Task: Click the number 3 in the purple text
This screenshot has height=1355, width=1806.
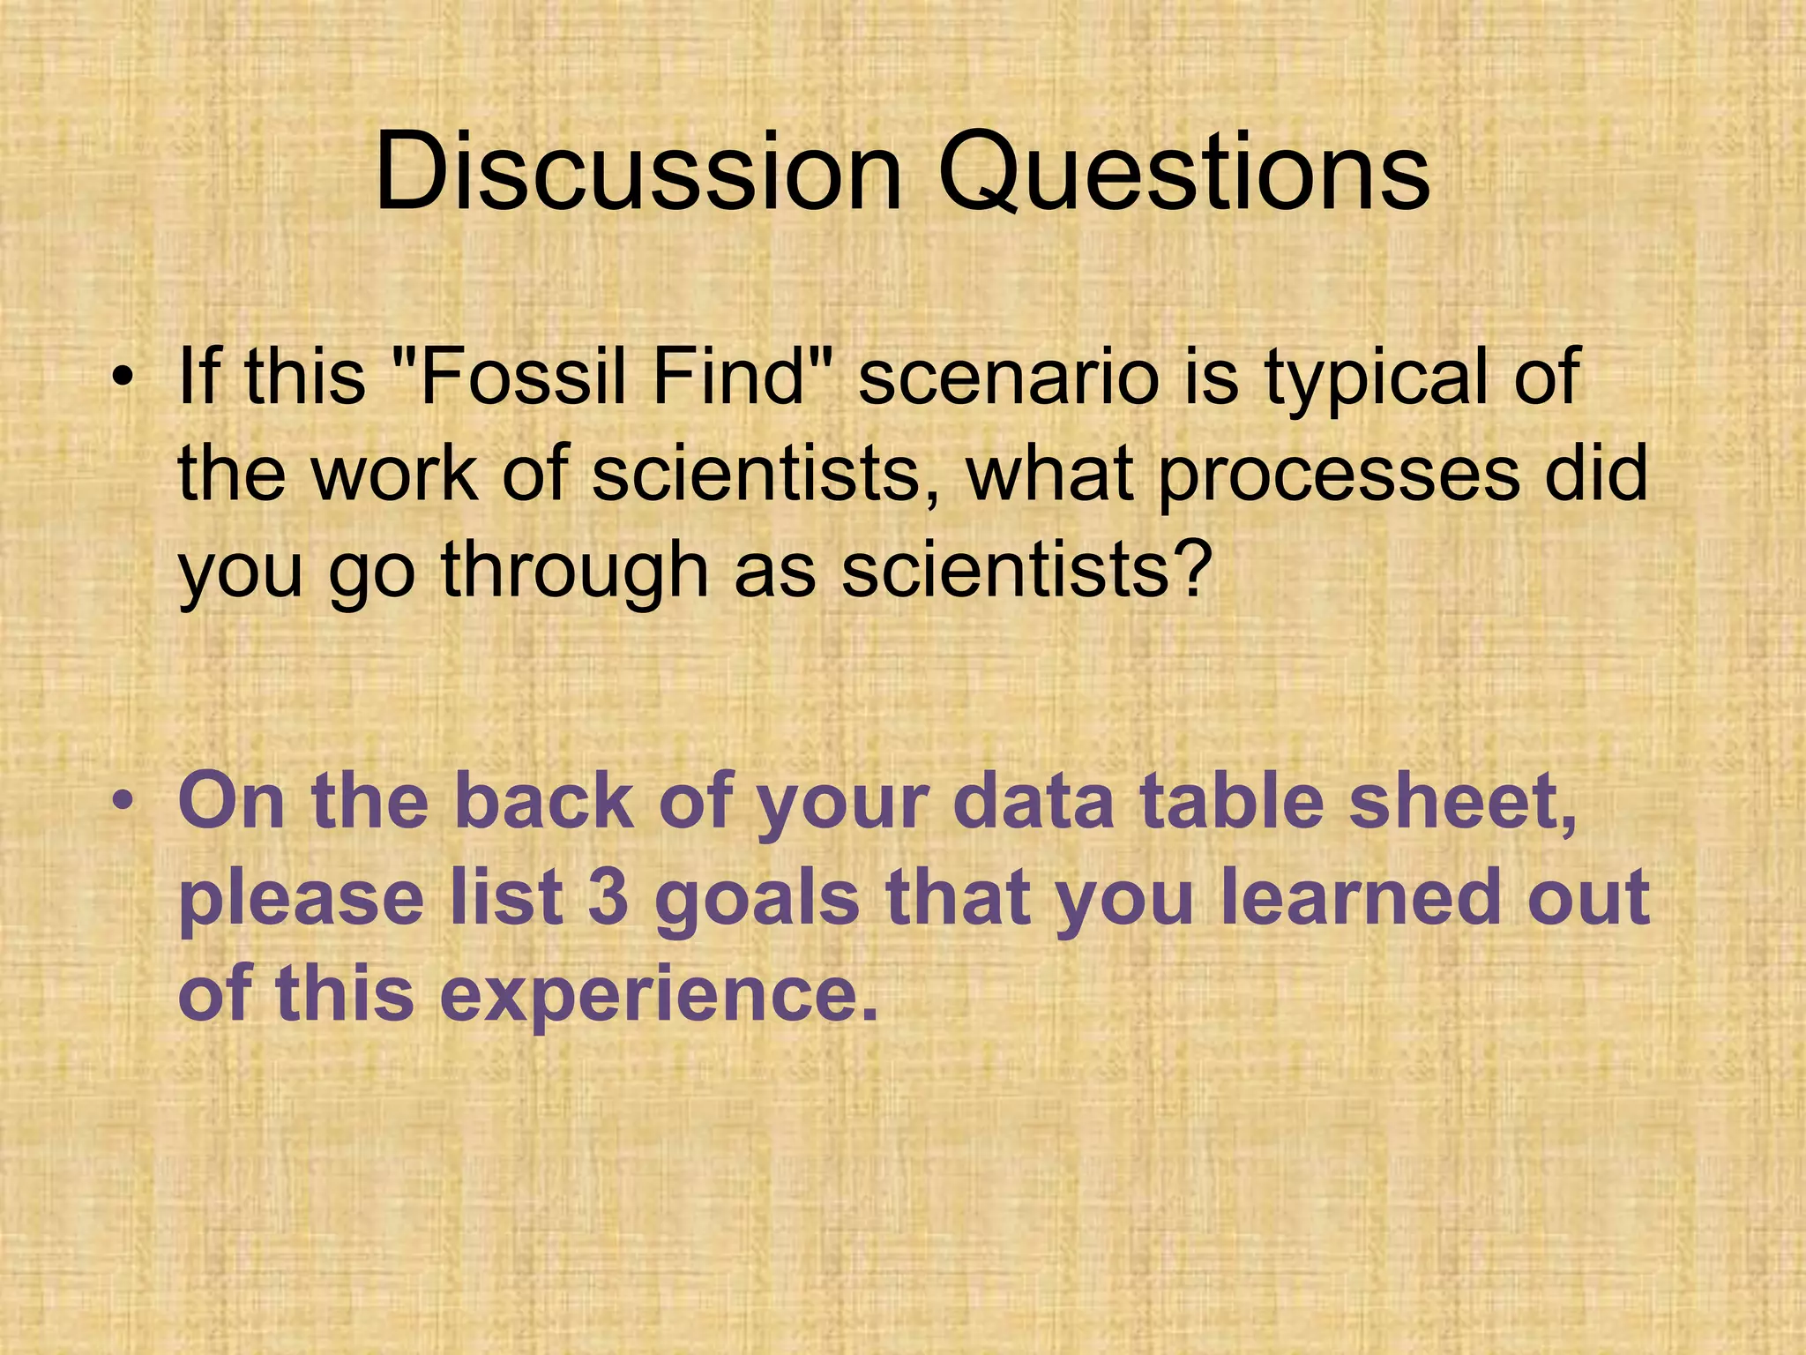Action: point(608,897)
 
